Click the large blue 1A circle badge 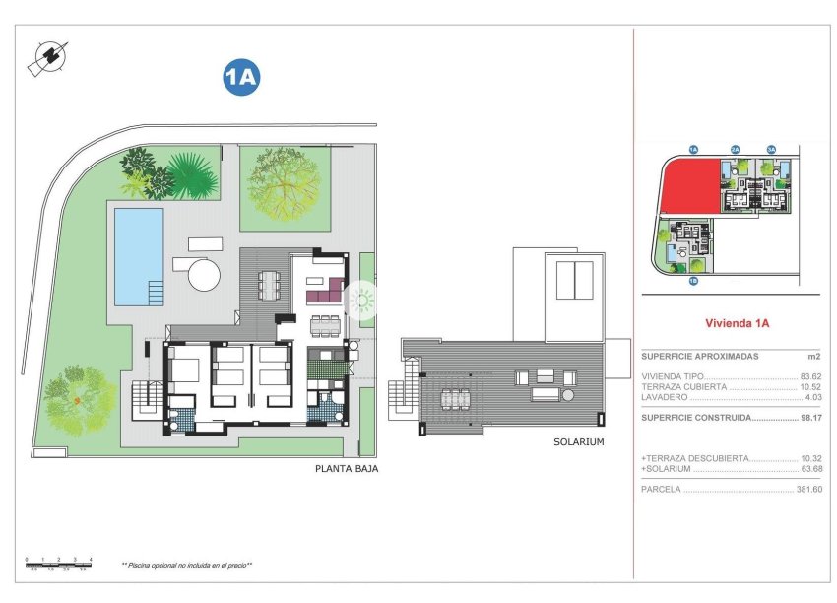click(x=241, y=79)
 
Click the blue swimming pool click(x=138, y=255)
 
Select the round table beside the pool click(x=205, y=273)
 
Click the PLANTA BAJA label click(x=347, y=469)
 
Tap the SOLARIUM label click(x=578, y=442)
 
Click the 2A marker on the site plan click(x=735, y=150)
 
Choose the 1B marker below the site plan click(x=693, y=282)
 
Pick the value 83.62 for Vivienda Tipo click(x=809, y=377)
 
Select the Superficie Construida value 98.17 click(x=809, y=417)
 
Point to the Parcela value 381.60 click(x=808, y=490)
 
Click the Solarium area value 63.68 click(x=809, y=469)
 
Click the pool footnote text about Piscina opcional click(x=187, y=565)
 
